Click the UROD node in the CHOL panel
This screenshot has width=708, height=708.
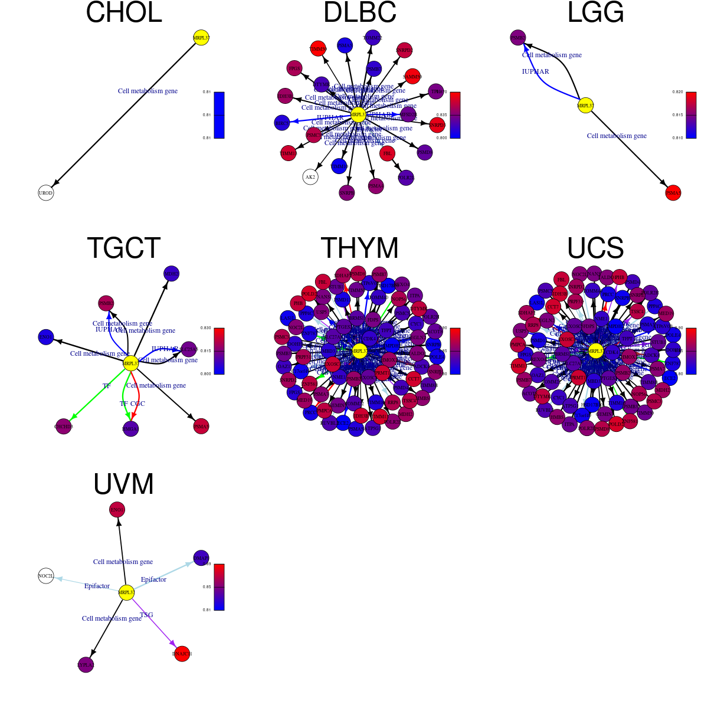[x=45, y=193]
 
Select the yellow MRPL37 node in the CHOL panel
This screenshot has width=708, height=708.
[x=201, y=38]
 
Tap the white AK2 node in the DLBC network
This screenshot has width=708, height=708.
[x=310, y=176]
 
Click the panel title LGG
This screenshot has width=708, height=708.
[x=595, y=13]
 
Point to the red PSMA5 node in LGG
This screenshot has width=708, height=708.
[x=673, y=193]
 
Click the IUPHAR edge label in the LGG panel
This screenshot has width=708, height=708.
[x=535, y=71]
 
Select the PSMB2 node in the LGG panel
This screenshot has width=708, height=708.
[x=517, y=38]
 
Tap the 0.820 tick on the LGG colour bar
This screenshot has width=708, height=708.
[x=677, y=93]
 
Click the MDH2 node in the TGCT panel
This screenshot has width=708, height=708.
[x=171, y=274]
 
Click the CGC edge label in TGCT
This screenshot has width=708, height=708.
[x=137, y=404]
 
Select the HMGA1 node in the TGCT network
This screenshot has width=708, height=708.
[x=130, y=429]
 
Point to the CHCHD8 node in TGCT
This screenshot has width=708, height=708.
[x=63, y=426]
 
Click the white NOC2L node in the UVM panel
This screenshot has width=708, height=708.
[x=45, y=576]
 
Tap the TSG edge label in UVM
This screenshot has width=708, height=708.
[x=146, y=615]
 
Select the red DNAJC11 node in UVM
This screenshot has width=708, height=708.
[x=182, y=654]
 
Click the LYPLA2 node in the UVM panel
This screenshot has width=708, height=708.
[x=86, y=665]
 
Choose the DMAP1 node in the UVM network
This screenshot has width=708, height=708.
[x=201, y=558]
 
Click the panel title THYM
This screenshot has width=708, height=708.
[x=359, y=248]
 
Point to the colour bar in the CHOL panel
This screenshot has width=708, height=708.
[x=219, y=115]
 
